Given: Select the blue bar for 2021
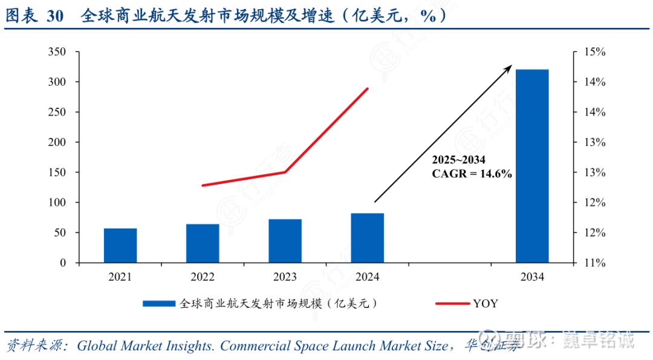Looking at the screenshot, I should (x=120, y=246).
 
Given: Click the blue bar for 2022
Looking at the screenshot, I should (x=203, y=243).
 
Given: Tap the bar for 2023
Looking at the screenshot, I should (x=285, y=241).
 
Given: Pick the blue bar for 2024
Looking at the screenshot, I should (x=367, y=238).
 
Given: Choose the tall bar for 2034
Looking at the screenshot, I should (x=532, y=166).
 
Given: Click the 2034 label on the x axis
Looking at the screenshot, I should (x=532, y=277).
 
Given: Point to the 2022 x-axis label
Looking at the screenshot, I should (x=203, y=277).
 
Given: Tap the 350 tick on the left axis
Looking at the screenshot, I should (x=57, y=52).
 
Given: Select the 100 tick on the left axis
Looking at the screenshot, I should (x=57, y=203).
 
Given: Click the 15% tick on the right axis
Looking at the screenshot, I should (x=595, y=52).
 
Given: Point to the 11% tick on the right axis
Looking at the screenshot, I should (x=595, y=263).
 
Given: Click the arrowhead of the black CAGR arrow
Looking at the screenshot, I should (x=510, y=67).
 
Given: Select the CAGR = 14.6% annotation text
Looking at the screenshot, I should (x=472, y=174).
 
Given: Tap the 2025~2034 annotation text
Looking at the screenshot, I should (x=458, y=160).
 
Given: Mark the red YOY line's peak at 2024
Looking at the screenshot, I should (x=368, y=88).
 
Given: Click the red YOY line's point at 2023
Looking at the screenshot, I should (x=285, y=172).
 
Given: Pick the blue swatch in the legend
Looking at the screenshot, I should (x=160, y=304).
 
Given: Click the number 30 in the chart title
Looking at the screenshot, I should (x=54, y=16).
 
